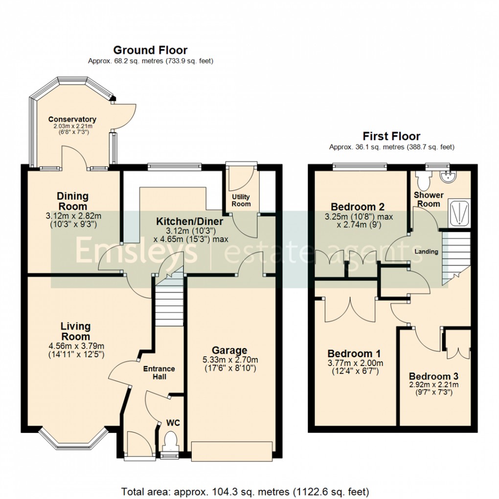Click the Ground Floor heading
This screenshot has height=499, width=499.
[150, 50]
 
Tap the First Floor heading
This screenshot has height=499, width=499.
[391, 136]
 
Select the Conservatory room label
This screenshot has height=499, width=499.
[72, 119]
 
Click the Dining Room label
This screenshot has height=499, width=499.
[73, 201]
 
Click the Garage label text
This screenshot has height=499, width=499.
[229, 350]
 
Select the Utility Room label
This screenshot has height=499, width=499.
[241, 200]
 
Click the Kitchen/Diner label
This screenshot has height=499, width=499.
[189, 222]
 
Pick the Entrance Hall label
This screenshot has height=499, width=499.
[159, 372]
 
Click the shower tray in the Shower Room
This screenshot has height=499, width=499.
[459, 212]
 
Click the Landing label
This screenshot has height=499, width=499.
[426, 251]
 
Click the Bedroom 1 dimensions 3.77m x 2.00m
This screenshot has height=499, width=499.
[355, 363]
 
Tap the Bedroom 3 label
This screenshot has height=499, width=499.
[433, 376]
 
